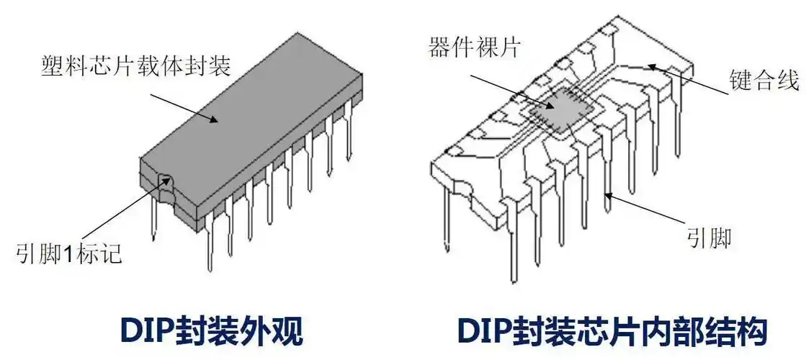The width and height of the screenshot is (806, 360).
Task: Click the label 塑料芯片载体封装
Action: click(x=135, y=66)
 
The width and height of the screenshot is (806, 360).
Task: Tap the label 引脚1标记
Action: click(x=68, y=253)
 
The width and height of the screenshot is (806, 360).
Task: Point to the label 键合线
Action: click(x=764, y=78)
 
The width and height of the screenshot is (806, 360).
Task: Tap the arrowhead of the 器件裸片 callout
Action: click(x=552, y=107)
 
